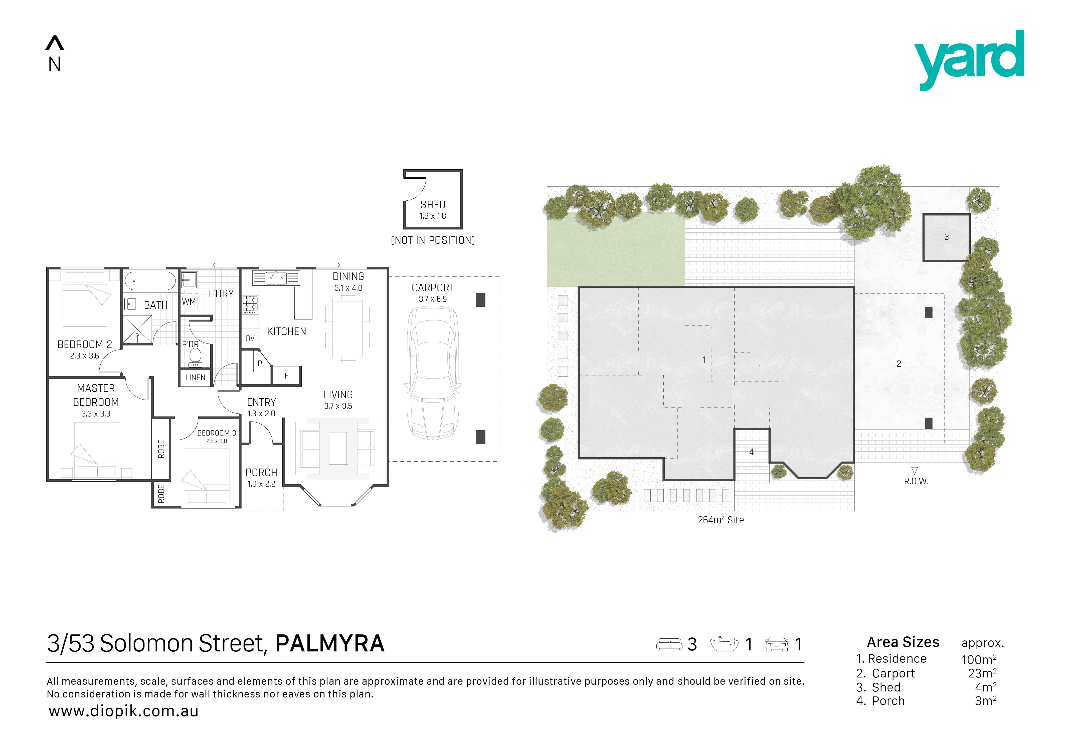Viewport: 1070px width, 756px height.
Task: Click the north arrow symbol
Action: [55, 43]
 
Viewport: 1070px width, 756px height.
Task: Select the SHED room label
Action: [432, 204]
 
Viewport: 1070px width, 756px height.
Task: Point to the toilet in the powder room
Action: [195, 357]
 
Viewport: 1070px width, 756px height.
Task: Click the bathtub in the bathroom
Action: [150, 281]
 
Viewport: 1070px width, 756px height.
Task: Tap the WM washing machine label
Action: [189, 301]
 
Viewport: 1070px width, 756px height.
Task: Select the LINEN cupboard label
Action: [195, 377]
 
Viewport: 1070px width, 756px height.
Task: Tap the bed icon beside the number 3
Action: [669, 644]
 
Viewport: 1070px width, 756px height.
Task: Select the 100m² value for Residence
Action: [979, 659]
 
